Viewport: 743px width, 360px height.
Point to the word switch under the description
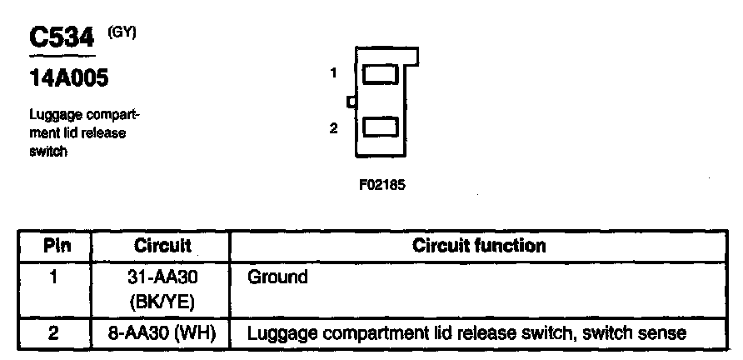coord(48,152)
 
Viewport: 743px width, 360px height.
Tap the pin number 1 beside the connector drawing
coord(333,73)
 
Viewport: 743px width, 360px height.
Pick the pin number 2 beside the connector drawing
coord(333,128)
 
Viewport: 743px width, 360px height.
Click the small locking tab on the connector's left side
coord(352,102)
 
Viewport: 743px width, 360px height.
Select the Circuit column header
coord(162,246)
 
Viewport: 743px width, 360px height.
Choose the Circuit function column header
coord(479,246)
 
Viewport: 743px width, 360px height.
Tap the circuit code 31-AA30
coord(162,277)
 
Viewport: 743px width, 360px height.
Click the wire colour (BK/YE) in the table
coord(162,298)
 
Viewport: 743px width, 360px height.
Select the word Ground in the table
coord(278,277)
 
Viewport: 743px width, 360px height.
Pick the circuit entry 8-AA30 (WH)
coord(162,334)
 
